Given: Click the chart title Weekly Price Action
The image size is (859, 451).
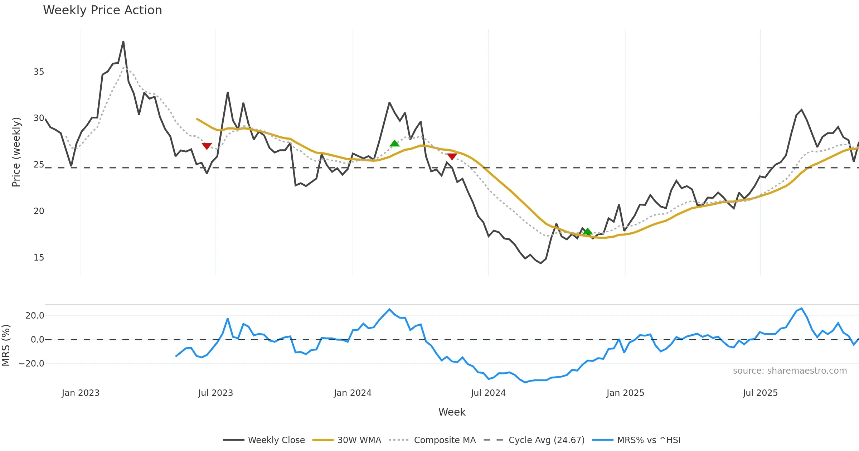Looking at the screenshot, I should [102, 10].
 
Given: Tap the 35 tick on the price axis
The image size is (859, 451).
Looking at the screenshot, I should [39, 72].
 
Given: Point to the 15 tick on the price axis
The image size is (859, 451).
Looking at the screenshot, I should [39, 258].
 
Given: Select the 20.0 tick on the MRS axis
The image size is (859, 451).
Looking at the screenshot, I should [35, 316].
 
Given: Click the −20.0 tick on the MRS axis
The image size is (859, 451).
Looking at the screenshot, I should [31, 364].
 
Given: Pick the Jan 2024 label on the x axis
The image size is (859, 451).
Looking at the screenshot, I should [353, 393].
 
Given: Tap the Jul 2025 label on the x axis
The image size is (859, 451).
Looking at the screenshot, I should [760, 393].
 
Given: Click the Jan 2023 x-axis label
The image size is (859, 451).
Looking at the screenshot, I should [81, 393].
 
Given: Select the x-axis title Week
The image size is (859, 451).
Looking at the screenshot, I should [452, 412].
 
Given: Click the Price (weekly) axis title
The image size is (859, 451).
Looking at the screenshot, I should [16, 152].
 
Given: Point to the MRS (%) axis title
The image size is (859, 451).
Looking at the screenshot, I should [6, 345].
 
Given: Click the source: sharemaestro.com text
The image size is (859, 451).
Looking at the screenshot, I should [790, 371].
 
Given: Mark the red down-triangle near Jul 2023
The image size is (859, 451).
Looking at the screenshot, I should [207, 146].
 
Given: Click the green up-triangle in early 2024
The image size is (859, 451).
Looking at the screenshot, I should [394, 144].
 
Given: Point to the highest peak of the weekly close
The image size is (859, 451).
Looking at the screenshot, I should [123, 42].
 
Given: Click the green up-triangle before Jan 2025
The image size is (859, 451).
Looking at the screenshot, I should [587, 232].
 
